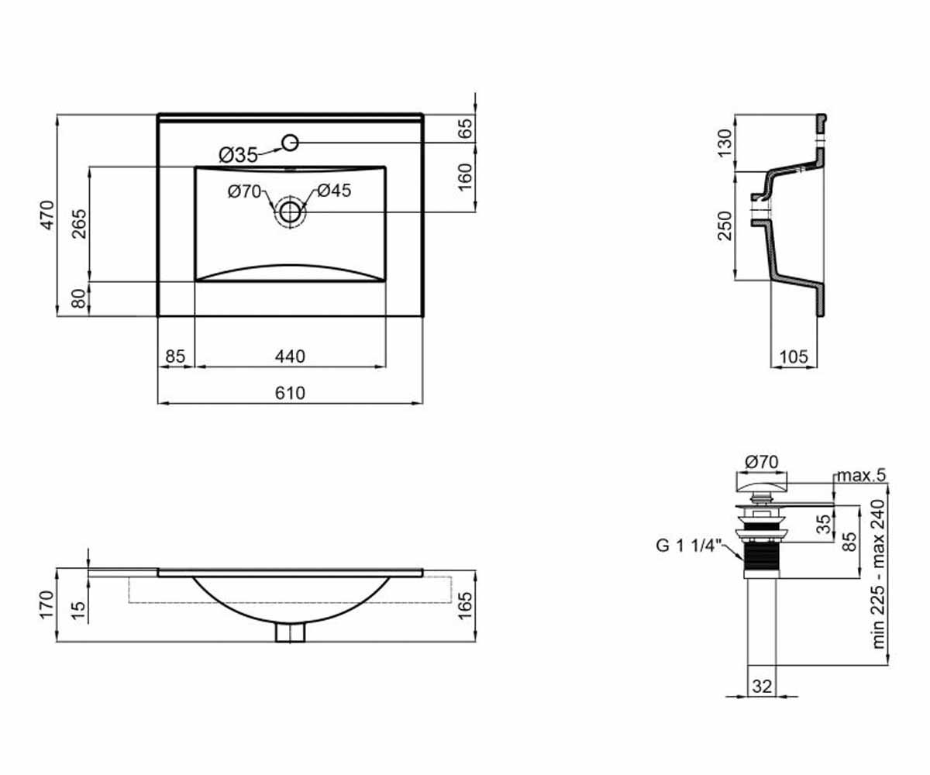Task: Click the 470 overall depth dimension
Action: (x=47, y=215)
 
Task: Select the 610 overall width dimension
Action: (x=290, y=393)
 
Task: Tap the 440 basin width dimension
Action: (x=290, y=356)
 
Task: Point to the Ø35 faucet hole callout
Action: (x=238, y=155)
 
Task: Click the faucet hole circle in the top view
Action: (x=290, y=143)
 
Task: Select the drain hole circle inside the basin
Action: (x=290, y=212)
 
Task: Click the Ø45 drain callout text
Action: (x=334, y=191)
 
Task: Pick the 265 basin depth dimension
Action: (x=79, y=224)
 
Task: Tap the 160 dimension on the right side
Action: (x=464, y=177)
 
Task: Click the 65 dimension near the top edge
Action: (x=464, y=129)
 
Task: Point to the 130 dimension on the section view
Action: (x=725, y=143)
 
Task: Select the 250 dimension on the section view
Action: (x=725, y=226)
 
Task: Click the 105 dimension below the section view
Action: (x=794, y=356)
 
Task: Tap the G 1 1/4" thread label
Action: (x=689, y=545)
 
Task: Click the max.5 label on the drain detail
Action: (x=861, y=476)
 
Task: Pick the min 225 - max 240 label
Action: (x=878, y=573)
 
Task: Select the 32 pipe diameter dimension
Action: (x=762, y=687)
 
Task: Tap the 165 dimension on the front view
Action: (x=464, y=605)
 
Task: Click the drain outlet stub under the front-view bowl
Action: (x=290, y=633)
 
